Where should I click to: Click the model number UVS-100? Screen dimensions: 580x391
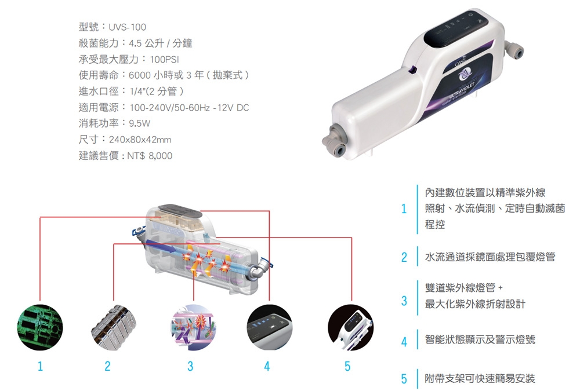[127, 27]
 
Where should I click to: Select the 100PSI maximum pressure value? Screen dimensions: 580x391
[164, 60]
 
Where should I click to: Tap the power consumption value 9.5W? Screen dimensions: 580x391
[139, 123]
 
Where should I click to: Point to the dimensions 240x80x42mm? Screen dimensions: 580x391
[140, 140]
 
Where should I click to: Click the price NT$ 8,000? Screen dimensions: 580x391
[150, 156]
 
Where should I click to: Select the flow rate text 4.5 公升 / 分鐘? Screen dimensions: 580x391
[161, 43]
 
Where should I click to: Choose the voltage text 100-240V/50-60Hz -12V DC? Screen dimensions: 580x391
[190, 108]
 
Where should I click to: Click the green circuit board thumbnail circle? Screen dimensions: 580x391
[40, 327]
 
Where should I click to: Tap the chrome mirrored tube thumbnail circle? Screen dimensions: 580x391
[114, 327]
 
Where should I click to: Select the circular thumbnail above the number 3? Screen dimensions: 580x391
[193, 327]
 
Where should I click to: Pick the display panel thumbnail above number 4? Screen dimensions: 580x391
[269, 327]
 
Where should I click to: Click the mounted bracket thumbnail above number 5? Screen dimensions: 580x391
[351, 327]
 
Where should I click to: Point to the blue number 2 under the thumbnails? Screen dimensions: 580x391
[107, 366]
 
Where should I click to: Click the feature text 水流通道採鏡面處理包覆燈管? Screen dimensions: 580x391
[490, 257]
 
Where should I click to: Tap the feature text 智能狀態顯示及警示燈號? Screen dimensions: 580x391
[480, 339]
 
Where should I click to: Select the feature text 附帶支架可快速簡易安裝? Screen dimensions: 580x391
[480, 378]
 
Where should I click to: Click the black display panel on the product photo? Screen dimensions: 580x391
[456, 30]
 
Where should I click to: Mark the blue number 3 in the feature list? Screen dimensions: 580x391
[404, 301]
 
